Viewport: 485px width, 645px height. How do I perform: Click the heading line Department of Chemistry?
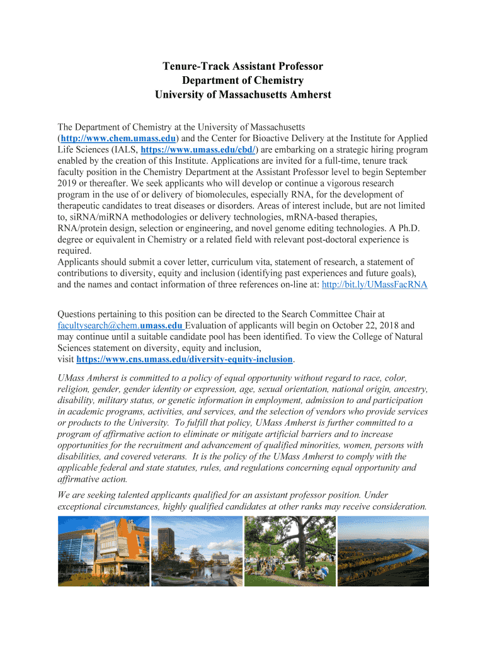pyautogui.click(x=243, y=81)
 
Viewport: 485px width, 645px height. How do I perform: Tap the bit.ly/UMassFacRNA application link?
pyautogui.click(x=374, y=285)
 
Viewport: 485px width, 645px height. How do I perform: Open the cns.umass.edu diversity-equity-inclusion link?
pyautogui.click(x=185, y=359)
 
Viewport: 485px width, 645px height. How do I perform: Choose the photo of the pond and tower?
pyautogui.click(x=197, y=551)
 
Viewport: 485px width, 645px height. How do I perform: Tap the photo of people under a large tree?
pyautogui.click(x=289, y=551)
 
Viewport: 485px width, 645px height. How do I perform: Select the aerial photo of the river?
pyautogui.click(x=383, y=551)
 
